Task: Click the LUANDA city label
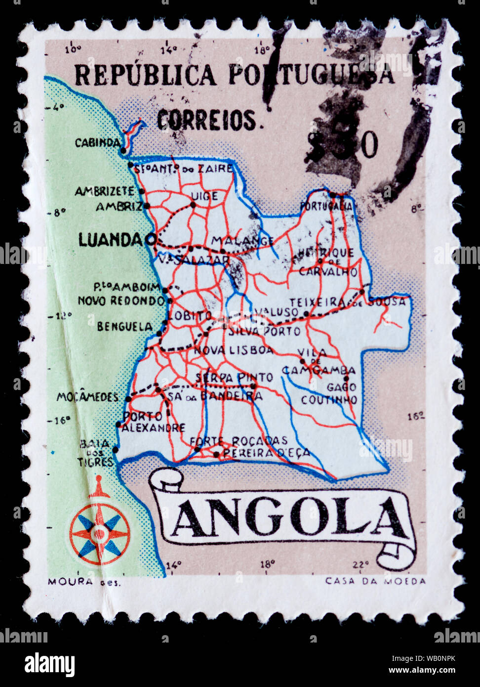[x=111, y=240]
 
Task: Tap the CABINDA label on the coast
[x=97, y=143]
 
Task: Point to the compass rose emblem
[x=100, y=533]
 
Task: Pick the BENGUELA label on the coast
[x=124, y=327]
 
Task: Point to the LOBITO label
[x=190, y=315]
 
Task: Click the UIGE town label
[x=204, y=196]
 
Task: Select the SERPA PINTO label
[x=234, y=378]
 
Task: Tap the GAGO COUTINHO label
[x=330, y=393]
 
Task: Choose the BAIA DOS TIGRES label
[x=95, y=453]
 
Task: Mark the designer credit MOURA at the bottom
[x=70, y=582]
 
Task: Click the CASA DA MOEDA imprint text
[x=375, y=581]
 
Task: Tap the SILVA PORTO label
[x=264, y=331]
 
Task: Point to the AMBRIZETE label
[x=104, y=191]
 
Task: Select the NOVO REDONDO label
[x=121, y=301]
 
